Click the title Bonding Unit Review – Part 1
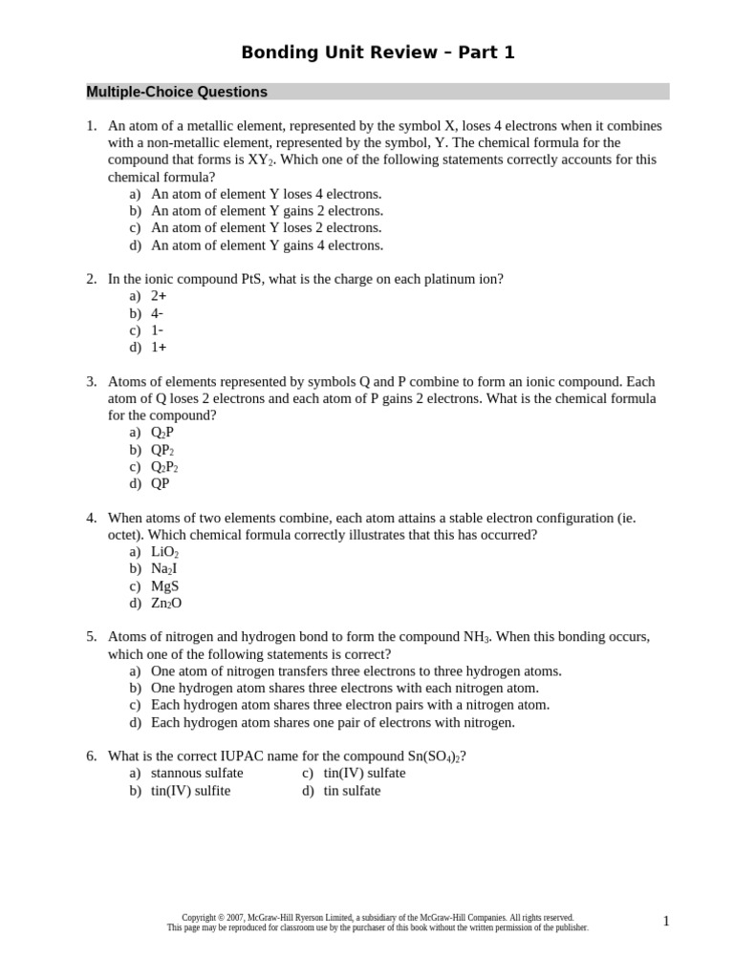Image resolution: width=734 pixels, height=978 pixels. [378, 53]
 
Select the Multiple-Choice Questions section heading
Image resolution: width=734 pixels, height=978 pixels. [177, 92]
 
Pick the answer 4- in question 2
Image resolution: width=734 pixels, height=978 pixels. [158, 313]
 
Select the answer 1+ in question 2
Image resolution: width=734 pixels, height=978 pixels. [159, 348]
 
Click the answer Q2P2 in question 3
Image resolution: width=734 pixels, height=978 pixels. [164, 467]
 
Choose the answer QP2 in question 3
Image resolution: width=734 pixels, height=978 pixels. [162, 450]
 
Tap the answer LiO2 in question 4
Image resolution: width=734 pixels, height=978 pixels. [165, 552]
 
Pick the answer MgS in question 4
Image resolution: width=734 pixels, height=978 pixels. [164, 586]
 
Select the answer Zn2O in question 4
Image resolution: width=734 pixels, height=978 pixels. [166, 604]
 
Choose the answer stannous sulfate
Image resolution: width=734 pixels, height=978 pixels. [197, 774]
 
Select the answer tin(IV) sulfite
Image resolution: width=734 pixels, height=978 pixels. [190, 791]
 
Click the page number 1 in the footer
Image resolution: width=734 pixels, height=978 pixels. [666, 921]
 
